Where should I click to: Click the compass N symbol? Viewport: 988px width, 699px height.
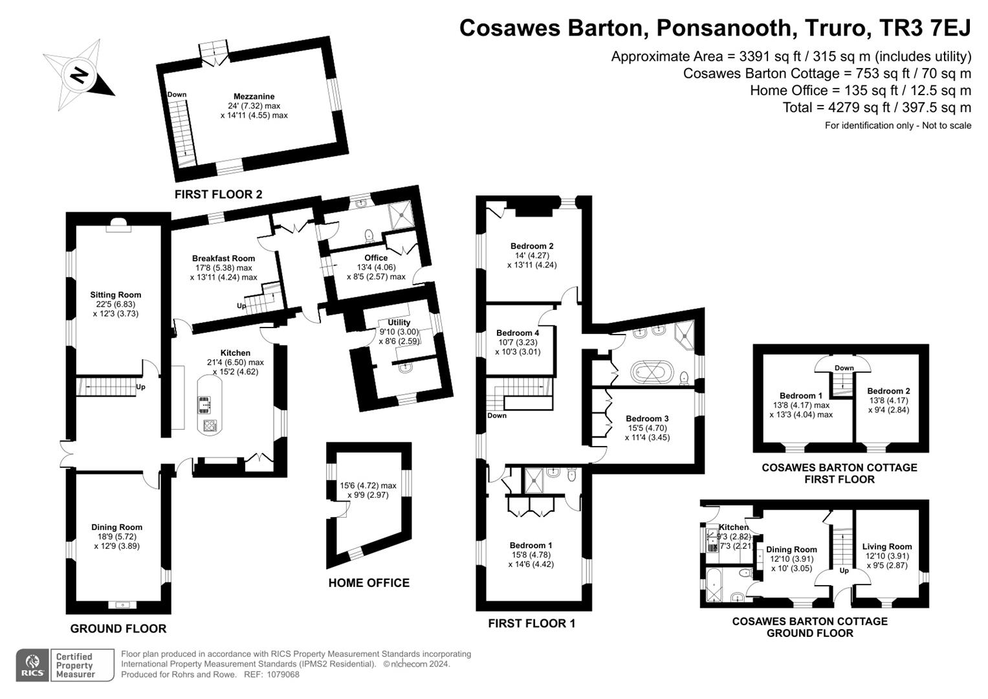click(79, 76)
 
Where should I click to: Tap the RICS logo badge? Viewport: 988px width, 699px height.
click(32, 665)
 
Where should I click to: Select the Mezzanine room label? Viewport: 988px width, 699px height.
click(254, 96)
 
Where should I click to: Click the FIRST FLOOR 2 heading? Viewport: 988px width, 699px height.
click(218, 194)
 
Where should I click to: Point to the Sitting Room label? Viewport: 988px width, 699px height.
click(116, 294)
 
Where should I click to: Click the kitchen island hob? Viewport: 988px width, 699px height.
click(210, 425)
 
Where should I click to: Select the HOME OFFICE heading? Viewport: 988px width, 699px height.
click(369, 583)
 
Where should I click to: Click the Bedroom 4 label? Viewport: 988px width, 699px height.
click(518, 333)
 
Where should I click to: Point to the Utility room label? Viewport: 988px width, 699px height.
click(399, 322)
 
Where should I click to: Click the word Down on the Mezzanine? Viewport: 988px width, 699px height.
click(177, 94)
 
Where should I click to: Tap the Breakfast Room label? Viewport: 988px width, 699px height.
click(224, 259)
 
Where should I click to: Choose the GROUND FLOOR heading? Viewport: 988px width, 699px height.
click(118, 629)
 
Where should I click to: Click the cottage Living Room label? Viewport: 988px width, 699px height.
click(887, 546)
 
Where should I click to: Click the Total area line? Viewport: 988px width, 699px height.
click(877, 107)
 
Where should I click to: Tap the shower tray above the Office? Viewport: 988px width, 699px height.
click(401, 216)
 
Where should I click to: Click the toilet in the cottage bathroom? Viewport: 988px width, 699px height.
click(745, 574)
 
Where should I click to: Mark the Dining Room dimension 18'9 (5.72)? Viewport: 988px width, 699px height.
click(117, 537)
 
